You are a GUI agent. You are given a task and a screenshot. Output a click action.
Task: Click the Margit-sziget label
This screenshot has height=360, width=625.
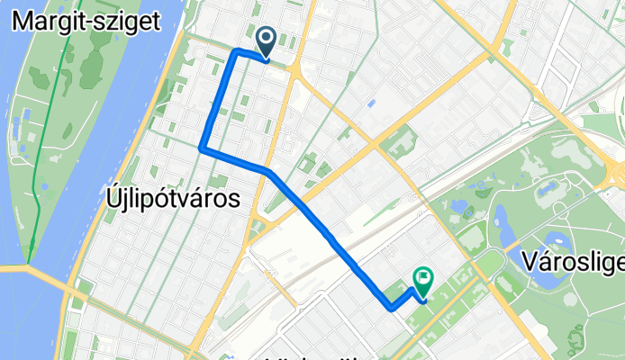point(87,20)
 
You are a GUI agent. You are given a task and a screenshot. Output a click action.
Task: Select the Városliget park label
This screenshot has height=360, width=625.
point(573,261)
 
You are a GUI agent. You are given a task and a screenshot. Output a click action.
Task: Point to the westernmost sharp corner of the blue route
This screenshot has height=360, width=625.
point(201,148)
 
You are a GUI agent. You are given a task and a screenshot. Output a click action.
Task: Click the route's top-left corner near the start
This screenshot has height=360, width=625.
point(236,51)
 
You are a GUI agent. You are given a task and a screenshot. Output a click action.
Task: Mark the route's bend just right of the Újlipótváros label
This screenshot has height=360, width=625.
point(267,170)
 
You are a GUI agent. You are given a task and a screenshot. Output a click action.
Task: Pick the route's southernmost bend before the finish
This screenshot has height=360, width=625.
point(392,309)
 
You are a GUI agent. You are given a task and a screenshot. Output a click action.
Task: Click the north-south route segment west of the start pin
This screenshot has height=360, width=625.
point(219,99)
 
